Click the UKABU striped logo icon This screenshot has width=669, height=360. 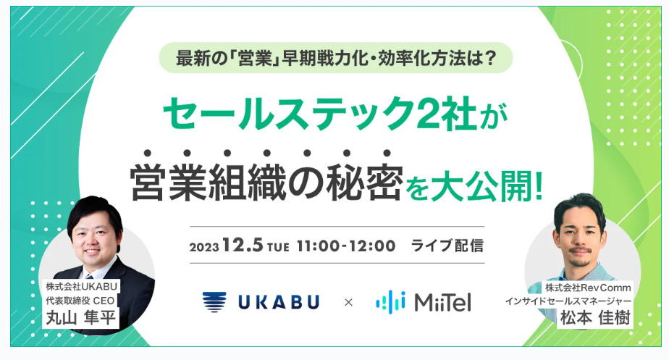pyautogui.click(x=214, y=302)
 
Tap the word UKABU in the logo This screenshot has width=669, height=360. pyautogui.click(x=279, y=302)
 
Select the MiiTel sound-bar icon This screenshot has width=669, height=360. pyautogui.click(x=390, y=302)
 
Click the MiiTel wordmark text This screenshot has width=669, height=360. pyautogui.click(x=442, y=302)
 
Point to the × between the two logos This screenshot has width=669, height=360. pyautogui.click(x=348, y=303)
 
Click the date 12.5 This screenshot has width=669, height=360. pyautogui.click(x=242, y=245)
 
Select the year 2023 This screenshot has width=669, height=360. pyautogui.click(x=204, y=247)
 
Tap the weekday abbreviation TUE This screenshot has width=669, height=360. pyautogui.click(x=278, y=247)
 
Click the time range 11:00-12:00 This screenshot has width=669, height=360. pyautogui.click(x=346, y=246)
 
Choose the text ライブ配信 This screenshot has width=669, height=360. pyautogui.click(x=447, y=246)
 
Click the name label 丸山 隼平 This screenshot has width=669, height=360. pyautogui.click(x=80, y=317)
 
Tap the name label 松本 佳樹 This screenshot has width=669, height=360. pyautogui.click(x=594, y=318)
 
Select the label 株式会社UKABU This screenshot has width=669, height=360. pyautogui.click(x=82, y=286)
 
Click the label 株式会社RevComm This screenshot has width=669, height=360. pyautogui.click(x=588, y=288)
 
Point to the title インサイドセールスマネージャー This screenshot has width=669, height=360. pyautogui.click(x=568, y=301)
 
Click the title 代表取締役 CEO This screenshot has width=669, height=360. pyautogui.click(x=80, y=301)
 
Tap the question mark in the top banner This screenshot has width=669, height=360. pyautogui.click(x=491, y=58)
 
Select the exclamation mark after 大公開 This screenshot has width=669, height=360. pyautogui.click(x=538, y=186)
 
